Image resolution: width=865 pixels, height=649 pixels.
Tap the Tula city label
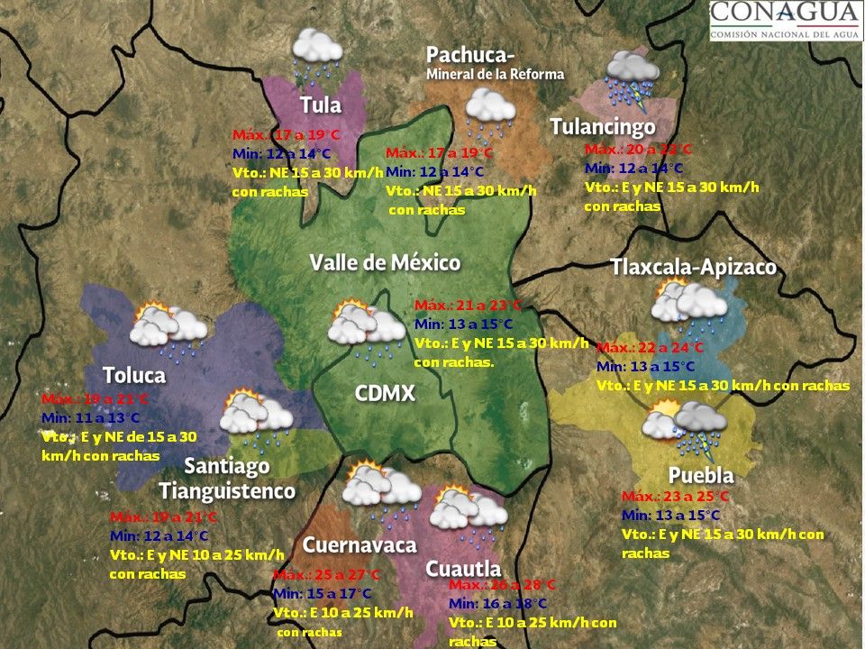pyautogui.click(x=321, y=105)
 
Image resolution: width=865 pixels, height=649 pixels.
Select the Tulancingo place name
pyautogui.click(x=603, y=127)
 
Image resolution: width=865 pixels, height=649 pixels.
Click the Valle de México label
pyautogui.click(x=385, y=262)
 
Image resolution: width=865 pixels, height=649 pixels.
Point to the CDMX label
pyautogui.click(x=385, y=394)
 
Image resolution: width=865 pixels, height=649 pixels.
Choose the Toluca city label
pyautogui.click(x=133, y=374)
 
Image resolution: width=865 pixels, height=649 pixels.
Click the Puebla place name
pyautogui.click(x=701, y=475)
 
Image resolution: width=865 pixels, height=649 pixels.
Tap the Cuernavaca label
pyautogui.click(x=359, y=544)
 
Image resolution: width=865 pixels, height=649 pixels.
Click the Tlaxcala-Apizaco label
pyautogui.click(x=693, y=268)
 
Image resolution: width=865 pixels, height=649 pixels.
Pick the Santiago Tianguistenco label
pyautogui.click(x=228, y=479)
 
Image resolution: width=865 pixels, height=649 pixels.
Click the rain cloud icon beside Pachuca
pyautogui.click(x=490, y=111)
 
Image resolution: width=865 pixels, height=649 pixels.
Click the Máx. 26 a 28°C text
pyautogui.click(x=502, y=584)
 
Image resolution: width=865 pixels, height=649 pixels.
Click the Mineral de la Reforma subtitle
pyautogui.click(x=495, y=74)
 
